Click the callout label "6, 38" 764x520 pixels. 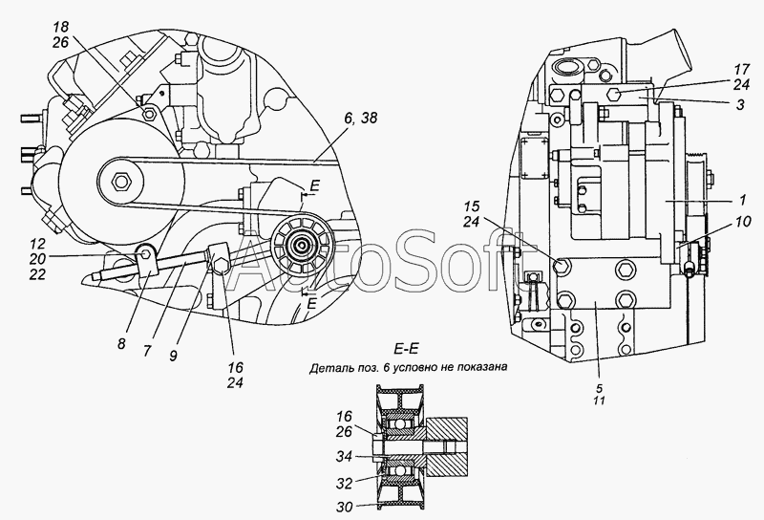(x=360, y=118)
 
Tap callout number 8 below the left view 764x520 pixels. (x=121, y=344)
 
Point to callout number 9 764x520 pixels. (x=174, y=356)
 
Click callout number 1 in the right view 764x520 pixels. (x=742, y=200)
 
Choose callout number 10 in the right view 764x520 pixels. (x=744, y=223)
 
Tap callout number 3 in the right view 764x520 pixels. (x=740, y=104)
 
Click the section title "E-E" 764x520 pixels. (x=406, y=348)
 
